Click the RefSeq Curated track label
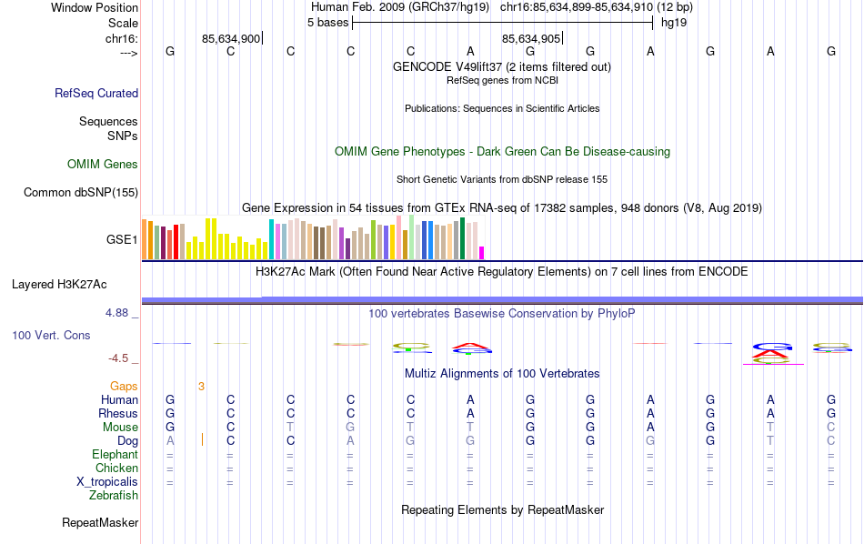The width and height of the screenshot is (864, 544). (96, 93)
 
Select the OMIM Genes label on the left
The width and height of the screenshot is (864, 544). (103, 165)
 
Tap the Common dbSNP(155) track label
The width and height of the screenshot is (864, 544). (81, 192)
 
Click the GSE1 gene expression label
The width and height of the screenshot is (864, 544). (122, 240)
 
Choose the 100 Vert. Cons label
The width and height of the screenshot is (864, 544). (51, 336)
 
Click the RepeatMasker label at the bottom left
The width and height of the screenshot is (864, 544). (100, 523)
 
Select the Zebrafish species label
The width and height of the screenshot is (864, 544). (114, 496)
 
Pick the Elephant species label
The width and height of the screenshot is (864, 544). (115, 455)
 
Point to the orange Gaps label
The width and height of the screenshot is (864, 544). (124, 387)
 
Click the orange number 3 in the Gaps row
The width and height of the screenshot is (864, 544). (201, 387)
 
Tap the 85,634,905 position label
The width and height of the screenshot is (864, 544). (531, 38)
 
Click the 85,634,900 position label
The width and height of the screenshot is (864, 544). (231, 38)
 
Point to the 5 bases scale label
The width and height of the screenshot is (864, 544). (327, 22)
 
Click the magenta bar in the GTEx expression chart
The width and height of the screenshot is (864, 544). (482, 252)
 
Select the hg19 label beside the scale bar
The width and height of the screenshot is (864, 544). (674, 22)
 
